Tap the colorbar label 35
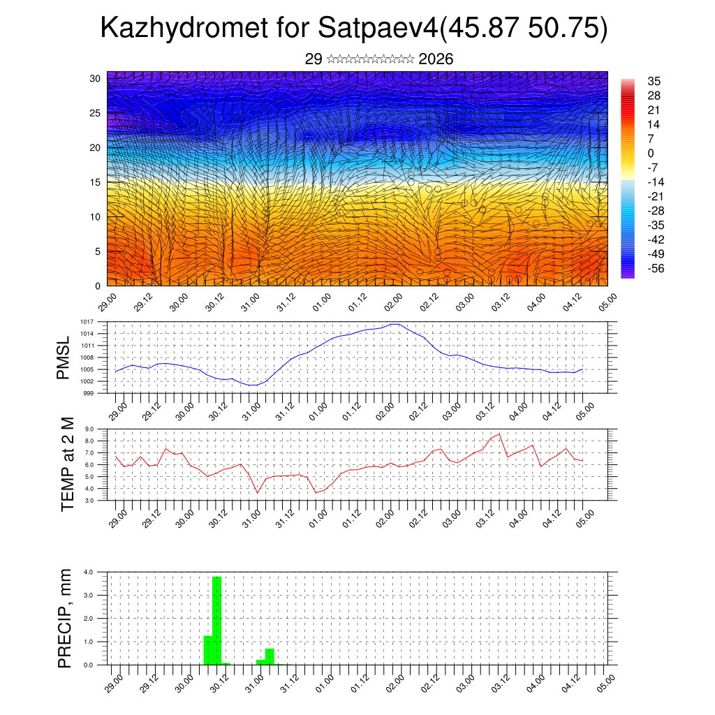click(x=654, y=81)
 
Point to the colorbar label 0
click(x=651, y=153)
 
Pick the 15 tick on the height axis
click(x=96, y=182)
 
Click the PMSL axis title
click(x=64, y=358)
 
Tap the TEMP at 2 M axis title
click(x=67, y=464)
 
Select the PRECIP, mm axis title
click(x=65, y=617)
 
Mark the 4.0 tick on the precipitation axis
click(x=89, y=572)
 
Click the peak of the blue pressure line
click(x=395, y=324)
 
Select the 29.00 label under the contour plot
click(x=107, y=303)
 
